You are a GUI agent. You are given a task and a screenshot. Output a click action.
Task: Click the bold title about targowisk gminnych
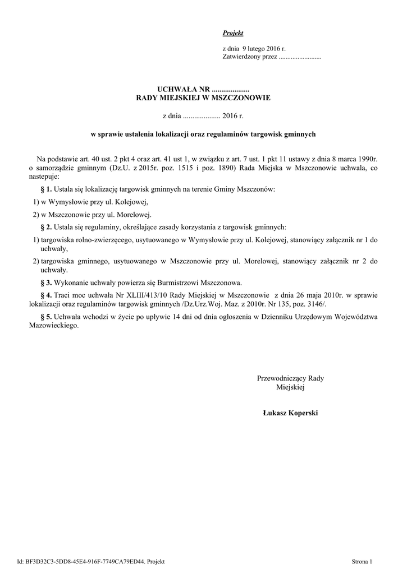click(x=204, y=135)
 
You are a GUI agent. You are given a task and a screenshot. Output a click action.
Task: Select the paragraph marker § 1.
click(x=46, y=190)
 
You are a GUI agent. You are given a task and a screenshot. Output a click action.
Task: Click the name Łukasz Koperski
click(x=290, y=413)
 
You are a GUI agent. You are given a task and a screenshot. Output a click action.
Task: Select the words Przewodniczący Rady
click(x=290, y=378)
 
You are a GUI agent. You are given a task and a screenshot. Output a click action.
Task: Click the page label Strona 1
click(x=362, y=561)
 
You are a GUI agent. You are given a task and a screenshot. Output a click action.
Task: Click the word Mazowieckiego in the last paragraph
click(x=52, y=326)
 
